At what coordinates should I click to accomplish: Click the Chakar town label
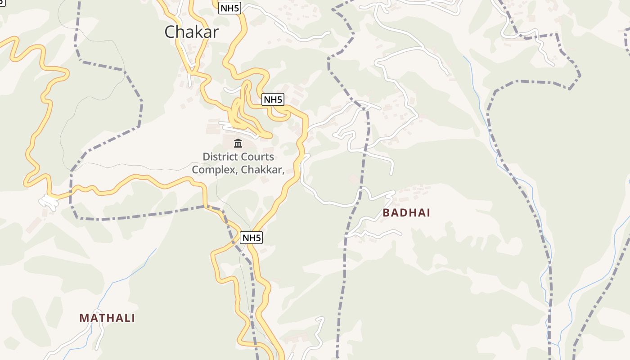click(x=192, y=32)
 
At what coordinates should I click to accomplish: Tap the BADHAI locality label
click(x=406, y=213)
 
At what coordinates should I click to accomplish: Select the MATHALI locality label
click(x=107, y=318)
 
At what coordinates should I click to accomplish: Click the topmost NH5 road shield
click(x=229, y=8)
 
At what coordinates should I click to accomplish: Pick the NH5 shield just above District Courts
click(x=273, y=99)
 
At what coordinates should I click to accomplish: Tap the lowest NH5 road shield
click(x=251, y=238)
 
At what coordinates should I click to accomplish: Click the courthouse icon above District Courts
click(x=238, y=144)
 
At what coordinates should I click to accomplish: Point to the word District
click(x=220, y=157)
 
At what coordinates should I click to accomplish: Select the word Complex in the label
click(x=215, y=170)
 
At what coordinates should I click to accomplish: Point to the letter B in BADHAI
click(x=386, y=213)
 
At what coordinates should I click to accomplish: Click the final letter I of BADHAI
click(x=428, y=213)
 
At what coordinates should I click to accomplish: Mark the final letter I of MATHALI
click(x=133, y=318)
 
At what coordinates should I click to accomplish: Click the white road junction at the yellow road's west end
click(x=49, y=201)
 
